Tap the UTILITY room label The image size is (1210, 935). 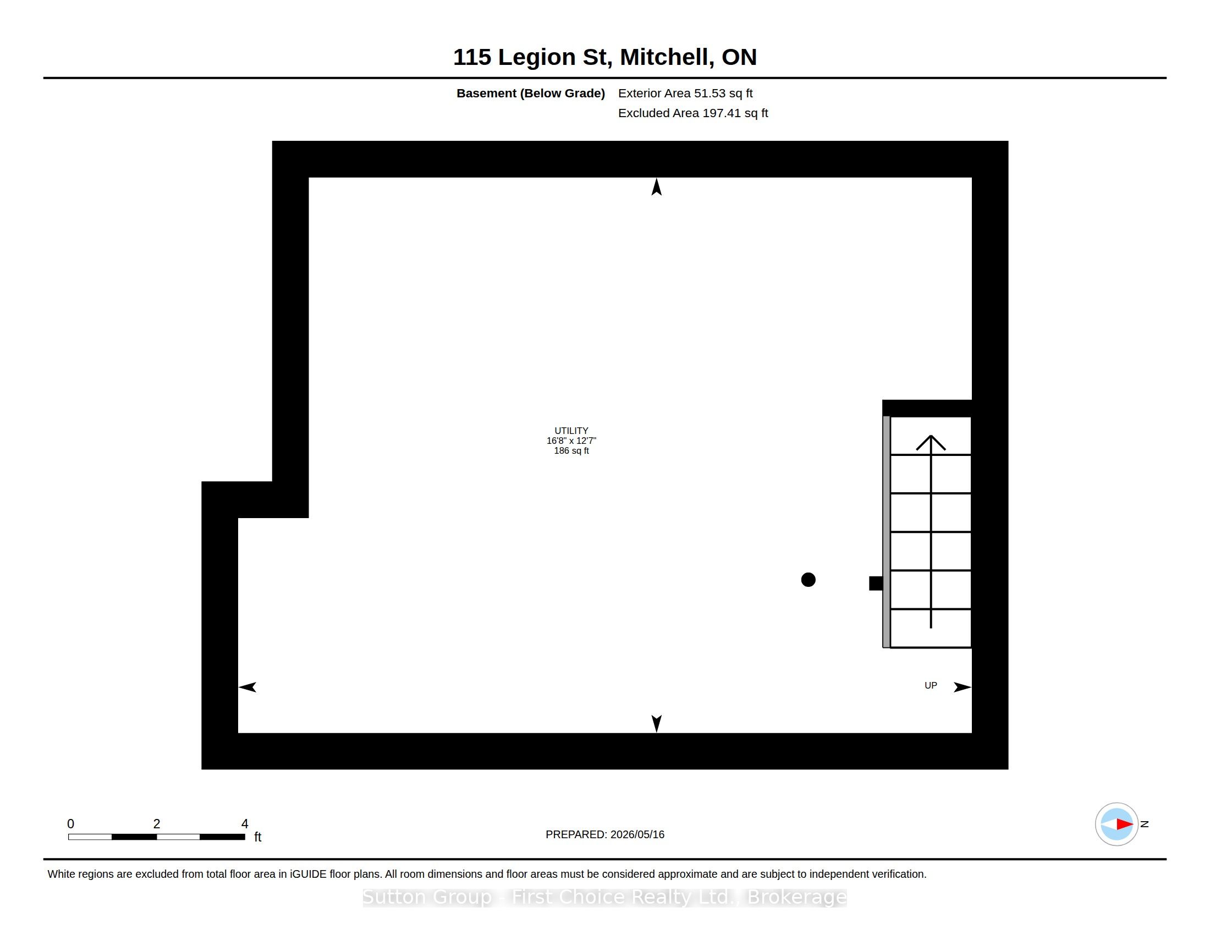(571, 431)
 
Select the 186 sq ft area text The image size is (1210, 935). (571, 451)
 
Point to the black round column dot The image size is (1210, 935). (809, 580)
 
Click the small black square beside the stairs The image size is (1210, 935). (876, 583)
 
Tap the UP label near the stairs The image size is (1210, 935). (931, 686)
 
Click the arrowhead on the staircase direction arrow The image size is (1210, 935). (931, 443)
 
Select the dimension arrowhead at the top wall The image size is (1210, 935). (657, 186)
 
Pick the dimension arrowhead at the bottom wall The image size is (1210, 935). (657, 723)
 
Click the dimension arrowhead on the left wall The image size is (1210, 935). (247, 687)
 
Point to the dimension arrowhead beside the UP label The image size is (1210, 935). (963, 687)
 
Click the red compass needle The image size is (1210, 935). (1124, 824)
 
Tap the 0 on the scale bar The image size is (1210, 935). (70, 824)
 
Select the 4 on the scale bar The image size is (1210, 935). (245, 824)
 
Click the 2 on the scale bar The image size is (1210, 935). (157, 824)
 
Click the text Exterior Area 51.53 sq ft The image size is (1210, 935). (685, 94)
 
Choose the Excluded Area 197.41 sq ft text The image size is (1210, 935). (693, 113)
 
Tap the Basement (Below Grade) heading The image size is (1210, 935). (531, 94)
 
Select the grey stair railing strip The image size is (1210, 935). (887, 532)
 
